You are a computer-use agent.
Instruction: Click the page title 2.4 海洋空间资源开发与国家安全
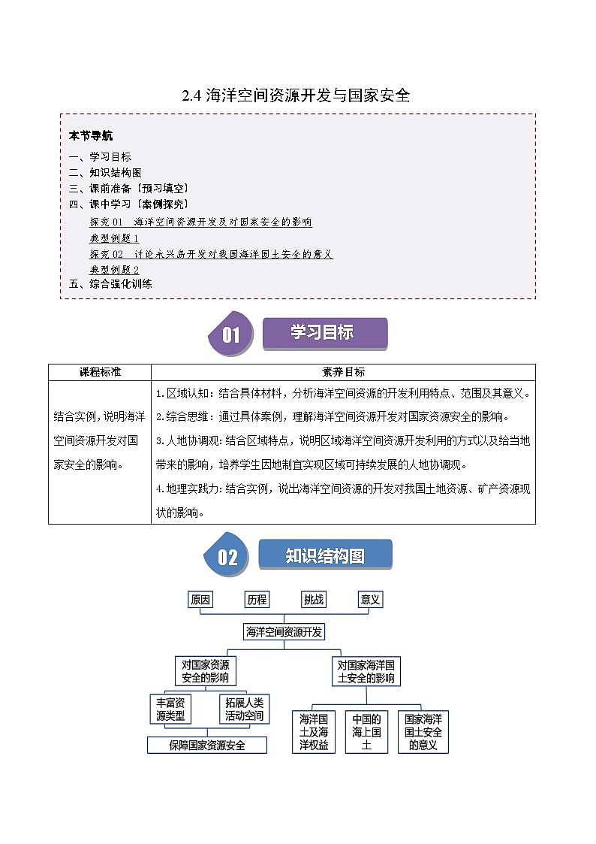(297, 95)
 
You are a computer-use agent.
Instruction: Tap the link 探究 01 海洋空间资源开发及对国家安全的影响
(200, 222)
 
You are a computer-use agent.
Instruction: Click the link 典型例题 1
(114, 238)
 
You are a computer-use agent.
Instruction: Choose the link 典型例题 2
(114, 269)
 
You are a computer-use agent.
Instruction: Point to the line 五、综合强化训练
(110, 284)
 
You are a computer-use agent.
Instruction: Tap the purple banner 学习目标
(324, 333)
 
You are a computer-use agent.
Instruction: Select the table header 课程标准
(100, 372)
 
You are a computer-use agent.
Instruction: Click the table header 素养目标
(343, 372)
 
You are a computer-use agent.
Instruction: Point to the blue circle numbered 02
(227, 557)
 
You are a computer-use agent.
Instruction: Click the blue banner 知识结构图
(325, 555)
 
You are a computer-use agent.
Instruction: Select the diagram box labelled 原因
(200, 599)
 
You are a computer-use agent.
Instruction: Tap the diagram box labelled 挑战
(314, 599)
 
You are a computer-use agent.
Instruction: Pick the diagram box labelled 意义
(371, 599)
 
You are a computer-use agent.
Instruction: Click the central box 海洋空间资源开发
(284, 632)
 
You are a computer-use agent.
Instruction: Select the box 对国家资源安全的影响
(205, 671)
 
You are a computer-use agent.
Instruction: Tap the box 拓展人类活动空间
(245, 709)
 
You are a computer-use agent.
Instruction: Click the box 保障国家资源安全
(207, 745)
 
